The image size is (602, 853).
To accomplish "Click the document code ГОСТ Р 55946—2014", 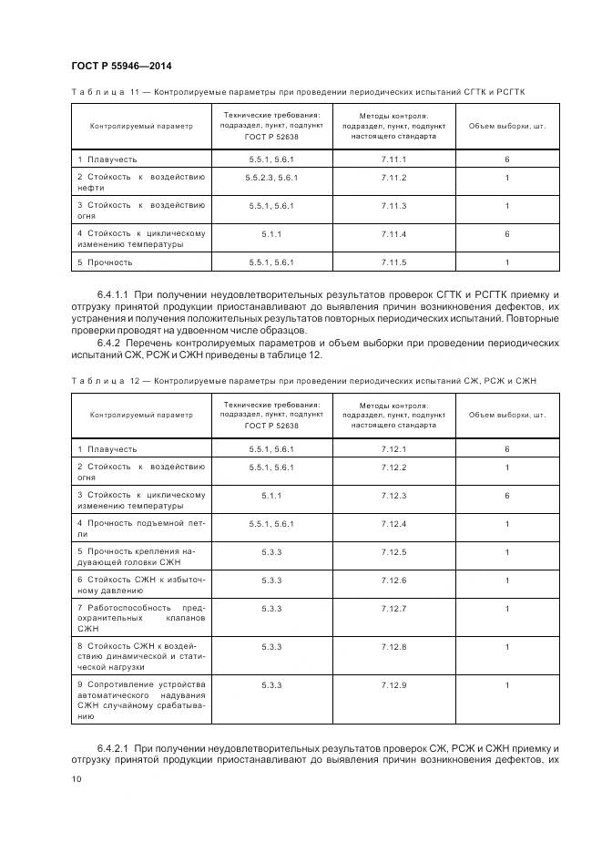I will click(x=121, y=67).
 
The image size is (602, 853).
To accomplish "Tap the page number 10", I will click(x=76, y=778).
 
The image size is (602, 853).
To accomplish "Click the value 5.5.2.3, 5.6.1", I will click(x=270, y=176).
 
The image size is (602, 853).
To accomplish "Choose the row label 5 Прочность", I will click(x=105, y=262).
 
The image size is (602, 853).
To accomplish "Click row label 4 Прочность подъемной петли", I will click(x=141, y=529).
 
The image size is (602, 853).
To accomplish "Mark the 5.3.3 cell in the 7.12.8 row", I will click(x=270, y=646).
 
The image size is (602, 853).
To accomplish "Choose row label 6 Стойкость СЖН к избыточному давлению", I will click(x=141, y=585).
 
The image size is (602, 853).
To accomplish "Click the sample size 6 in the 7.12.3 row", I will click(x=506, y=495).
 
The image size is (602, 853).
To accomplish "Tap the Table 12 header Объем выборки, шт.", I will click(x=506, y=415).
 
